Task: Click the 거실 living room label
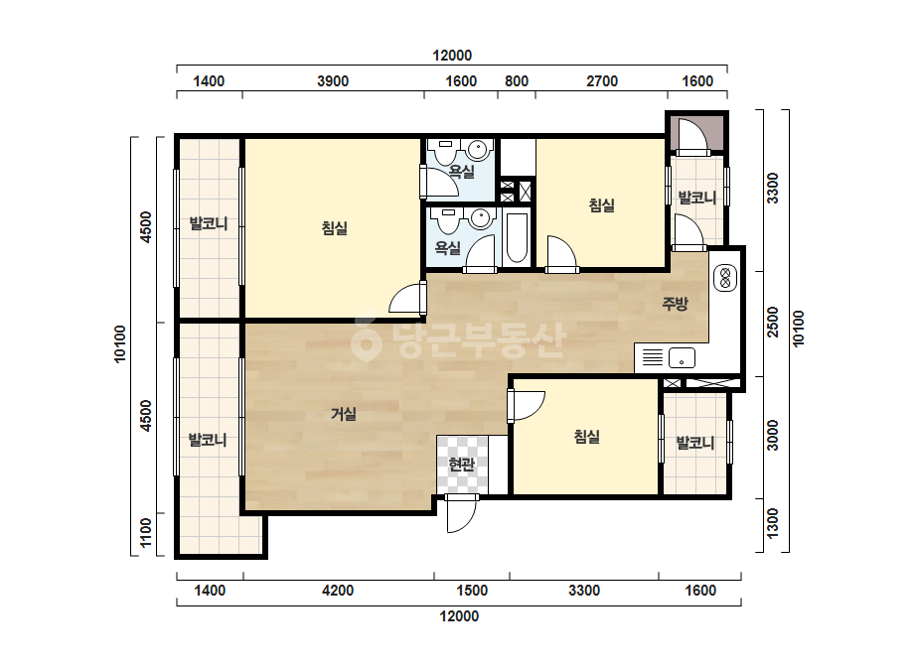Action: tap(344, 414)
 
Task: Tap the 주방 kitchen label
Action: tap(675, 304)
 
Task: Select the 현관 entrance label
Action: tap(461, 465)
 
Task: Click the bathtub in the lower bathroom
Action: tap(517, 239)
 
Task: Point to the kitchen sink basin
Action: tap(682, 357)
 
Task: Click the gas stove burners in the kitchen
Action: tap(726, 277)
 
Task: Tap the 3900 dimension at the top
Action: tap(333, 81)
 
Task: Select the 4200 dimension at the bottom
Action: tap(338, 591)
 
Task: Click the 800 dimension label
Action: tap(517, 81)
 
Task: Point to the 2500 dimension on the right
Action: tap(773, 322)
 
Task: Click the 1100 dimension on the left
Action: tap(146, 532)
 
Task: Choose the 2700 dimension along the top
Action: tap(602, 81)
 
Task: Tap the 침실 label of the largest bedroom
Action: tap(335, 227)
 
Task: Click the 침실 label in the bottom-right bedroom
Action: tap(586, 437)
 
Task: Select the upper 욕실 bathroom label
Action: tap(461, 172)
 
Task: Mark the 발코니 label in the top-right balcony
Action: tap(697, 199)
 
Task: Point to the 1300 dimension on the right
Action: tap(773, 524)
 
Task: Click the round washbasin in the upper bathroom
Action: tap(480, 151)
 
